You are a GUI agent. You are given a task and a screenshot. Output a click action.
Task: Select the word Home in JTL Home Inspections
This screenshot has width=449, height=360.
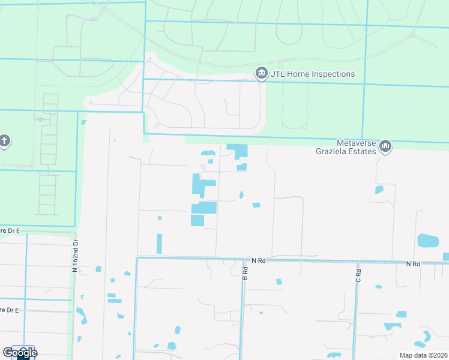(300, 74)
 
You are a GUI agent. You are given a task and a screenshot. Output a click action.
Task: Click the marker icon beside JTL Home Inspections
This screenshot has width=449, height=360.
(262, 74)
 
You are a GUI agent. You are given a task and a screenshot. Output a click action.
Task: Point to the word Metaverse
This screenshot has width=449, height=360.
(357, 142)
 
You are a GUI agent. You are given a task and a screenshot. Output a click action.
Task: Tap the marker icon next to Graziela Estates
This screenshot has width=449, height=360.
(386, 146)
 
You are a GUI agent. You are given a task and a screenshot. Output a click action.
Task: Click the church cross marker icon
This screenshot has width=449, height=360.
(4, 142)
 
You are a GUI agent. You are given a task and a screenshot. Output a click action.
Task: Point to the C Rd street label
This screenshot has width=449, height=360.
(358, 275)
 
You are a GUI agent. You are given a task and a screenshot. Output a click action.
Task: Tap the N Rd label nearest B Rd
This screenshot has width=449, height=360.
(259, 260)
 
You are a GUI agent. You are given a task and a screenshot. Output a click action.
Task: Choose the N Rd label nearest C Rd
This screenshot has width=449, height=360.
(412, 263)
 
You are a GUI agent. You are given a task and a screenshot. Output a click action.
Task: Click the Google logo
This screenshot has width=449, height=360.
(19, 353)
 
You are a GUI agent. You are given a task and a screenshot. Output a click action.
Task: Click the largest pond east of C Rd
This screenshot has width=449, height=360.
(427, 241)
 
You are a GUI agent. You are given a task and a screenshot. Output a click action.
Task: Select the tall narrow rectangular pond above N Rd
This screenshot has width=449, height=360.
(159, 244)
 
